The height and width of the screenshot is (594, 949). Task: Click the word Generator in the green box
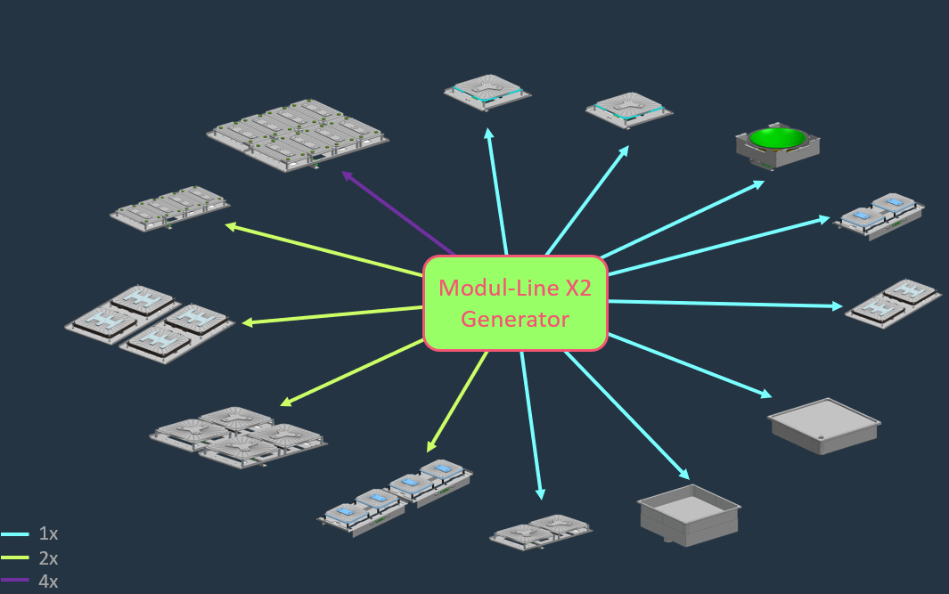[x=515, y=319]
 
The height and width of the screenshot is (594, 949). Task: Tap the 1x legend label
[x=48, y=534]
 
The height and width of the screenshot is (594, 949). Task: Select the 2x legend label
[x=48, y=558]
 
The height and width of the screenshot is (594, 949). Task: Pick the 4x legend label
[x=48, y=582]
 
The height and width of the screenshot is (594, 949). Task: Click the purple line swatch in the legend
[x=15, y=582]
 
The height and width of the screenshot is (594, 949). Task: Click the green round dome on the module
[x=777, y=138]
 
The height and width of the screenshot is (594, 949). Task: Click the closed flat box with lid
[x=824, y=424]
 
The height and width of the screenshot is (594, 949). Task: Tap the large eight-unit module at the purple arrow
[x=299, y=134]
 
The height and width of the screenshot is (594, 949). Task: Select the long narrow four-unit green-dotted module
[x=169, y=207]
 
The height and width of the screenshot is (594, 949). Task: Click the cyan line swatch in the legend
[x=15, y=534]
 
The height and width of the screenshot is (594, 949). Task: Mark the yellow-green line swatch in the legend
[x=15, y=558]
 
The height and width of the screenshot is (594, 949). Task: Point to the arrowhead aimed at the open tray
[x=684, y=475]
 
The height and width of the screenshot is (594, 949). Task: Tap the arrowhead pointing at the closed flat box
[x=765, y=394]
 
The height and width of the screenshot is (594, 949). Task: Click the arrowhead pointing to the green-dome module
[x=759, y=183]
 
